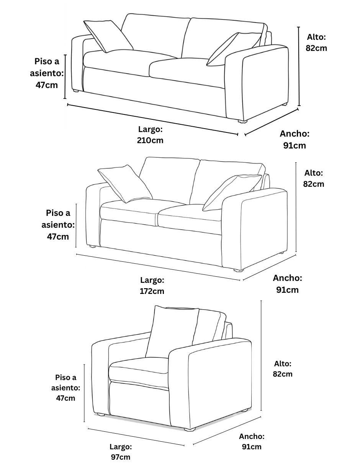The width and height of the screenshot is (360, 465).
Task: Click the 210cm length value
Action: point(150,140)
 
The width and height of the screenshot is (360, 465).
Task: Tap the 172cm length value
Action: point(152,291)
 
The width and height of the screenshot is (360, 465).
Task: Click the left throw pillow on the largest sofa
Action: point(108,36)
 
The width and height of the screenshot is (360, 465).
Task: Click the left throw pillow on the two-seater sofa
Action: point(125,184)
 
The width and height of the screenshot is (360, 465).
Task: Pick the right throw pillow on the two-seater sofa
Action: point(232,193)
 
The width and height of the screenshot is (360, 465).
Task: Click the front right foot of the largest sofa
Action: point(242,122)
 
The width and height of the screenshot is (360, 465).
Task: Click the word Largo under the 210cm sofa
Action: point(151,129)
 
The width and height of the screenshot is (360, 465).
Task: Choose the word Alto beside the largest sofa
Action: point(316,37)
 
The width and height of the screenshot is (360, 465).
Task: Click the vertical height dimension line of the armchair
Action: point(261,356)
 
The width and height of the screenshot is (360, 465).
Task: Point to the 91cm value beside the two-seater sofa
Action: point(287,290)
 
